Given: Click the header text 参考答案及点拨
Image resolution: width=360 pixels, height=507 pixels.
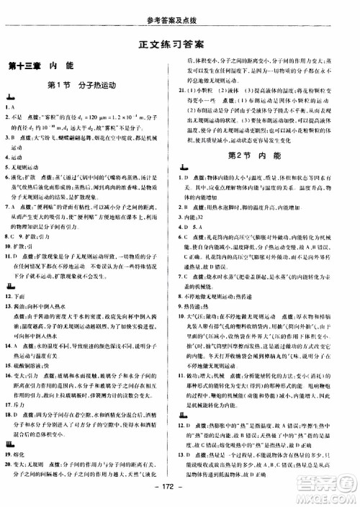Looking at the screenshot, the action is [x=180, y=7].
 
